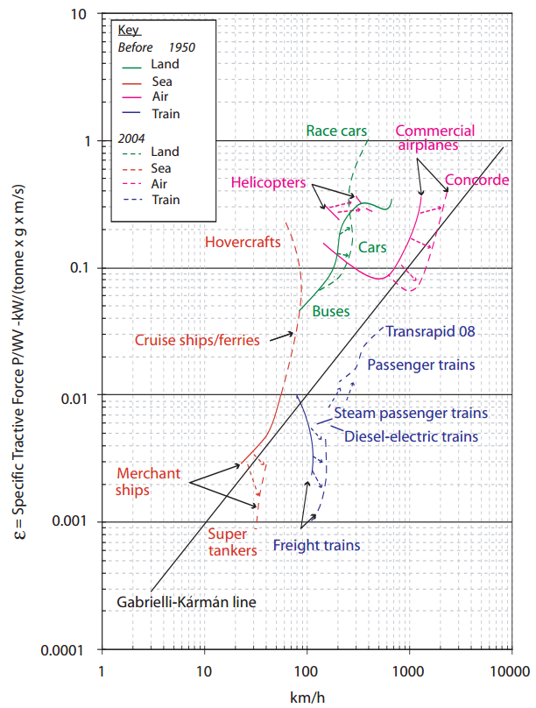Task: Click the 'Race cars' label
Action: pyautogui.click(x=336, y=131)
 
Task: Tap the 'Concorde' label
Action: pyautogui.click(x=477, y=181)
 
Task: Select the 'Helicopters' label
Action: pyautogui.click(x=268, y=182)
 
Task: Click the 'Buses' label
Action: pyautogui.click(x=331, y=311)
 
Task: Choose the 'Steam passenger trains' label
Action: pyautogui.click(x=410, y=413)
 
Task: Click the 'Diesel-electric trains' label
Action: pyautogui.click(x=411, y=435)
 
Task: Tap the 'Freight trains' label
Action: pyautogui.click(x=316, y=545)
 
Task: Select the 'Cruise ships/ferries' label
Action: pyautogui.click(x=197, y=340)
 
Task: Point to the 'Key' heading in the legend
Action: pyautogui.click(x=128, y=30)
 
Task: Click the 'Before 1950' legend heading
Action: pyautogui.click(x=149, y=46)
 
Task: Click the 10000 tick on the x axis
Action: pyautogui.click(x=507, y=670)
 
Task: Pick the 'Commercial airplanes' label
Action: pyautogui.click(x=435, y=138)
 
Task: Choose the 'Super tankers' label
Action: pyautogui.click(x=232, y=542)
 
